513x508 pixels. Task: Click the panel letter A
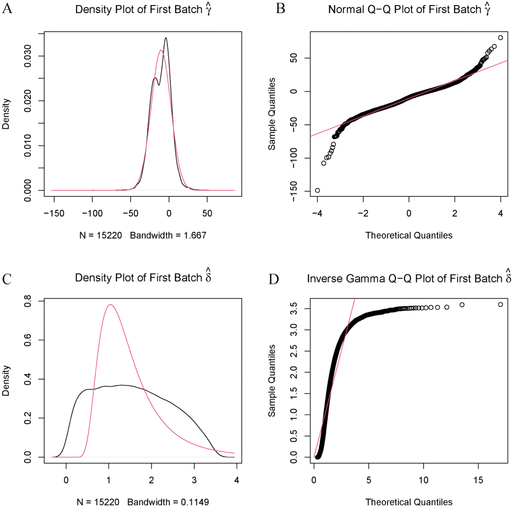pos(7,8)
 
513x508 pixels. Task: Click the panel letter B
pos(280,8)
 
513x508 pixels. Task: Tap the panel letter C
pos(7,279)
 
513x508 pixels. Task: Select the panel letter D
pos(274,279)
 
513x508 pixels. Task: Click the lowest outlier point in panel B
pos(317,190)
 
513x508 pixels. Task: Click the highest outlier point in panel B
pos(500,38)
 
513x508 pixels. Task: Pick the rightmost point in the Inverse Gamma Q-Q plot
pos(500,304)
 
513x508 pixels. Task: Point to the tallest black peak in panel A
pos(166,38)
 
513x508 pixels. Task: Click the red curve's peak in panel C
pos(110,305)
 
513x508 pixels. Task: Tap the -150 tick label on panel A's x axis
pos(54,213)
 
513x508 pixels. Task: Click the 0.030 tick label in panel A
pos(28,56)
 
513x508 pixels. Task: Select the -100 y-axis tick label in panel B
pos(294,158)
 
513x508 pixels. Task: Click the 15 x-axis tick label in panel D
pos(478,480)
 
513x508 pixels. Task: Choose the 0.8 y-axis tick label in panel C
pos(28,301)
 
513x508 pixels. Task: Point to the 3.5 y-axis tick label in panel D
pos(294,308)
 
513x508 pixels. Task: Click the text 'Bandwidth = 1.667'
pos(168,235)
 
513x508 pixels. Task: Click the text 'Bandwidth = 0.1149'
pos(168,502)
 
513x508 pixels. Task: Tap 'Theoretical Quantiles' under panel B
pos(409,235)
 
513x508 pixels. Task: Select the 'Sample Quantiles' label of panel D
pos(272,380)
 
